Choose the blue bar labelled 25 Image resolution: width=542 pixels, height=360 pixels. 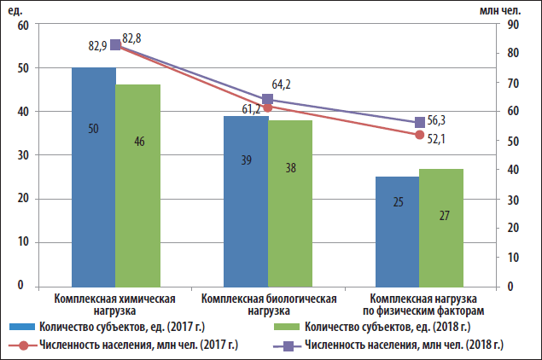397,231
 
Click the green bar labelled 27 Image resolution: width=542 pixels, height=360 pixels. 441,227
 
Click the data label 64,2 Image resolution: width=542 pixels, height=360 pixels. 282,84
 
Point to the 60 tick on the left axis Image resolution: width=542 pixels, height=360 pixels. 23,25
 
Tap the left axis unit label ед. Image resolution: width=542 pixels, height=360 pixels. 15,9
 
